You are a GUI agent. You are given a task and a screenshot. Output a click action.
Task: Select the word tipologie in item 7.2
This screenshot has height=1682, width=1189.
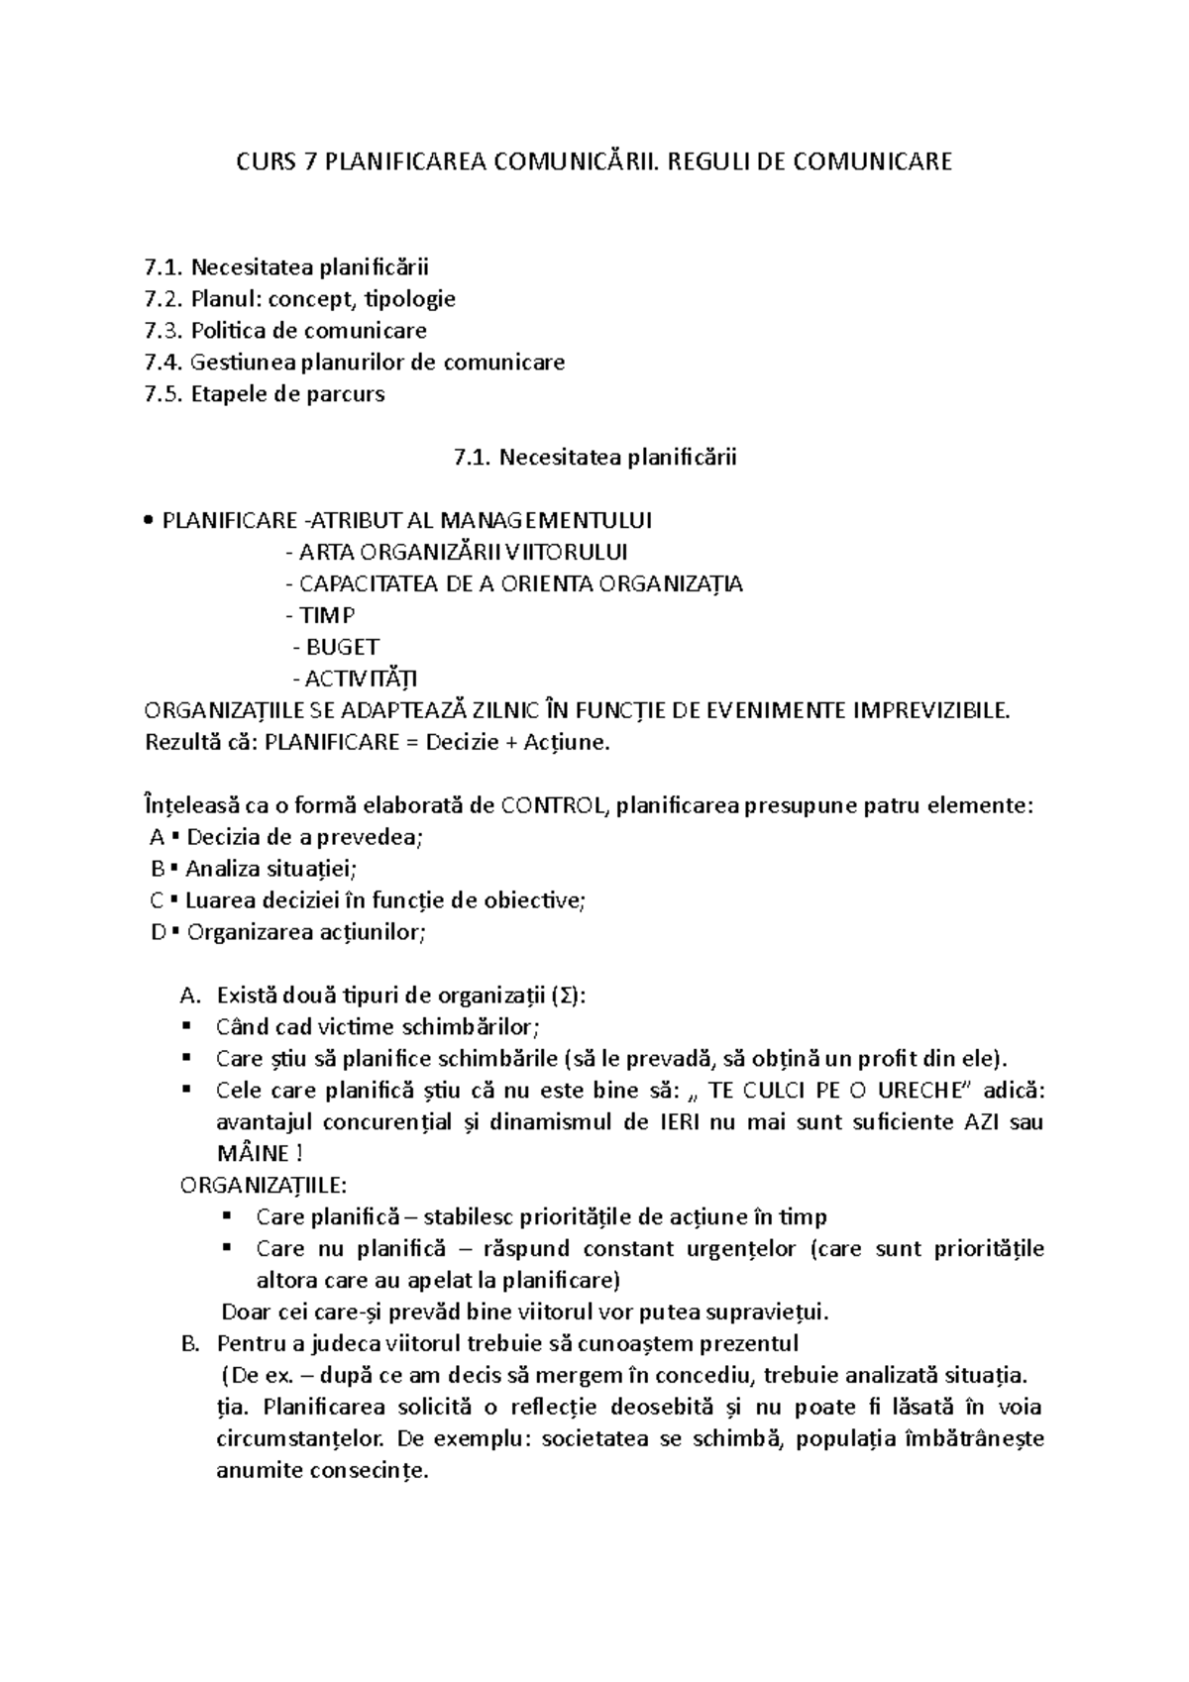click(x=409, y=299)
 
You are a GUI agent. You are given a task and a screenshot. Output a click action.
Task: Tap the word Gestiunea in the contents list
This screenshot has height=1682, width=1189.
click(x=243, y=363)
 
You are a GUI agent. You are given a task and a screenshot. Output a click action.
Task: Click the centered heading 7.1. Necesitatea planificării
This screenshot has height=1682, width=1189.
click(x=594, y=458)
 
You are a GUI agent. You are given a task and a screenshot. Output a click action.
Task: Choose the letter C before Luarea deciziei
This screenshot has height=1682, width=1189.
click(x=157, y=901)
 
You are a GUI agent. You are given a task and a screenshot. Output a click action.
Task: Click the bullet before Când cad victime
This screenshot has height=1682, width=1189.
click(x=186, y=1027)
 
